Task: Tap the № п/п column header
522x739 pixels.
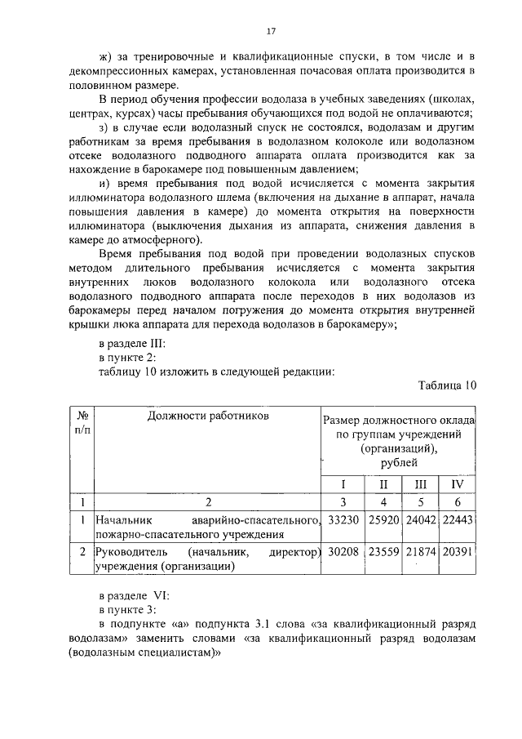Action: [x=82, y=422]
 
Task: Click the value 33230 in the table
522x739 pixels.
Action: [x=343, y=520]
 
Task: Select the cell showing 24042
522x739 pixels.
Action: [x=422, y=520]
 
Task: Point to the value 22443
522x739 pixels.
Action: [x=458, y=520]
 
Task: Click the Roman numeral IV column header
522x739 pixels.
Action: [x=458, y=484]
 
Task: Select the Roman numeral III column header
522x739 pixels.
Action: [x=421, y=484]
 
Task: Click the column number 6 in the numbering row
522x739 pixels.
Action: [x=458, y=502]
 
